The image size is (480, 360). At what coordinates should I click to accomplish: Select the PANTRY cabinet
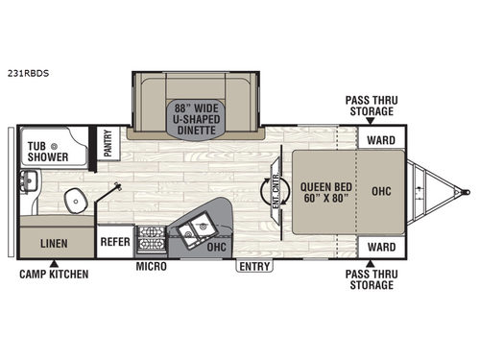click(x=108, y=143)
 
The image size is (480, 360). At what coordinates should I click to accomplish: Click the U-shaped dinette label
click(x=196, y=115)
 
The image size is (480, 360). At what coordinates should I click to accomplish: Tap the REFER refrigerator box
click(x=115, y=242)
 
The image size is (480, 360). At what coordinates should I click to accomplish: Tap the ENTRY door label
click(x=254, y=265)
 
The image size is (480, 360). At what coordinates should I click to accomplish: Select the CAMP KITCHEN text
click(x=54, y=275)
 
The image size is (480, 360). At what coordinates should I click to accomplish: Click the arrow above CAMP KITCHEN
click(x=54, y=262)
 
